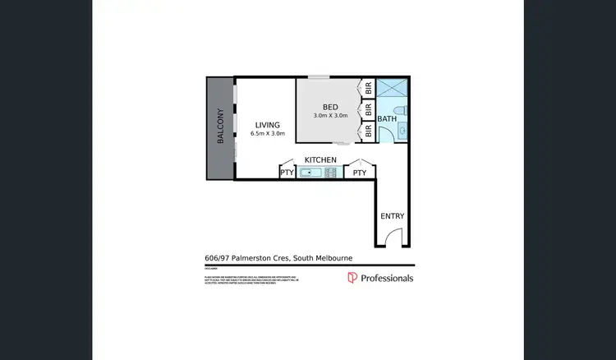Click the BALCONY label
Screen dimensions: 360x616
(x=220, y=127)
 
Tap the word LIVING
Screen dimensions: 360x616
(x=268, y=124)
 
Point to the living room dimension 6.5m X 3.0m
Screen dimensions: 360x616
(x=268, y=133)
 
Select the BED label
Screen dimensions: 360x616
(x=330, y=107)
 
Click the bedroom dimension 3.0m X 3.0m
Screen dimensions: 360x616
(x=330, y=116)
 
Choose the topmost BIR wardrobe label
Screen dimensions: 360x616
(x=369, y=87)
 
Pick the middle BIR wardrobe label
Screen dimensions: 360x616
(x=369, y=108)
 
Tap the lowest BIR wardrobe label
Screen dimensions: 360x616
(x=369, y=129)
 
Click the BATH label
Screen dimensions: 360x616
(x=387, y=119)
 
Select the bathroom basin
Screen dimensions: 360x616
(x=402, y=132)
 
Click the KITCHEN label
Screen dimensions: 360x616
(x=320, y=159)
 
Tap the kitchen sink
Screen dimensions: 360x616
(x=310, y=173)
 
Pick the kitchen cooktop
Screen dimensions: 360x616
(x=332, y=173)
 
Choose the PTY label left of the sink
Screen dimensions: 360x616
(x=287, y=173)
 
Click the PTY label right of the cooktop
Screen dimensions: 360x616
(x=360, y=173)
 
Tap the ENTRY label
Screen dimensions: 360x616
(x=392, y=216)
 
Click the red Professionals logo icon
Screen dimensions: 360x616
(x=352, y=278)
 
